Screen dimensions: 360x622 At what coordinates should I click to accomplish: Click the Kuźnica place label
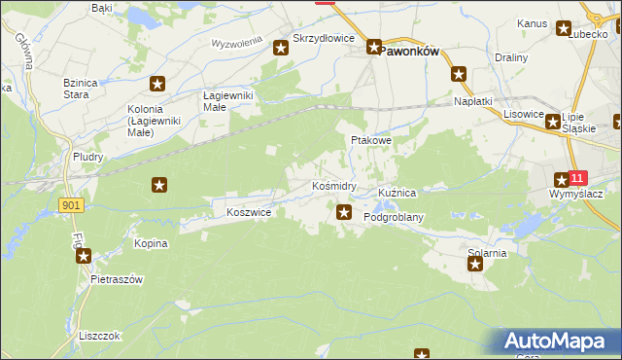(x=397, y=193)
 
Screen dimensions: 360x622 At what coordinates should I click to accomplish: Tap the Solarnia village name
(x=487, y=253)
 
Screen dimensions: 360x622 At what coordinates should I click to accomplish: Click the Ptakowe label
(x=370, y=140)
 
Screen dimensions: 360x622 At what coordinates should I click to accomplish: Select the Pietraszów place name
(x=117, y=279)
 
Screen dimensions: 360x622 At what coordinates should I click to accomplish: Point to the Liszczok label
(x=101, y=335)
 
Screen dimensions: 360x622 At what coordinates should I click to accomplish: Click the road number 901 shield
(x=69, y=205)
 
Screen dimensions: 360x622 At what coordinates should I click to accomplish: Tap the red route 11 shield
(x=578, y=178)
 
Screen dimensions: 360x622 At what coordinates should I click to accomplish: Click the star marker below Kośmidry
(x=343, y=211)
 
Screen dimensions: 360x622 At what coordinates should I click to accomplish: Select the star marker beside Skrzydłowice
(x=281, y=47)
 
